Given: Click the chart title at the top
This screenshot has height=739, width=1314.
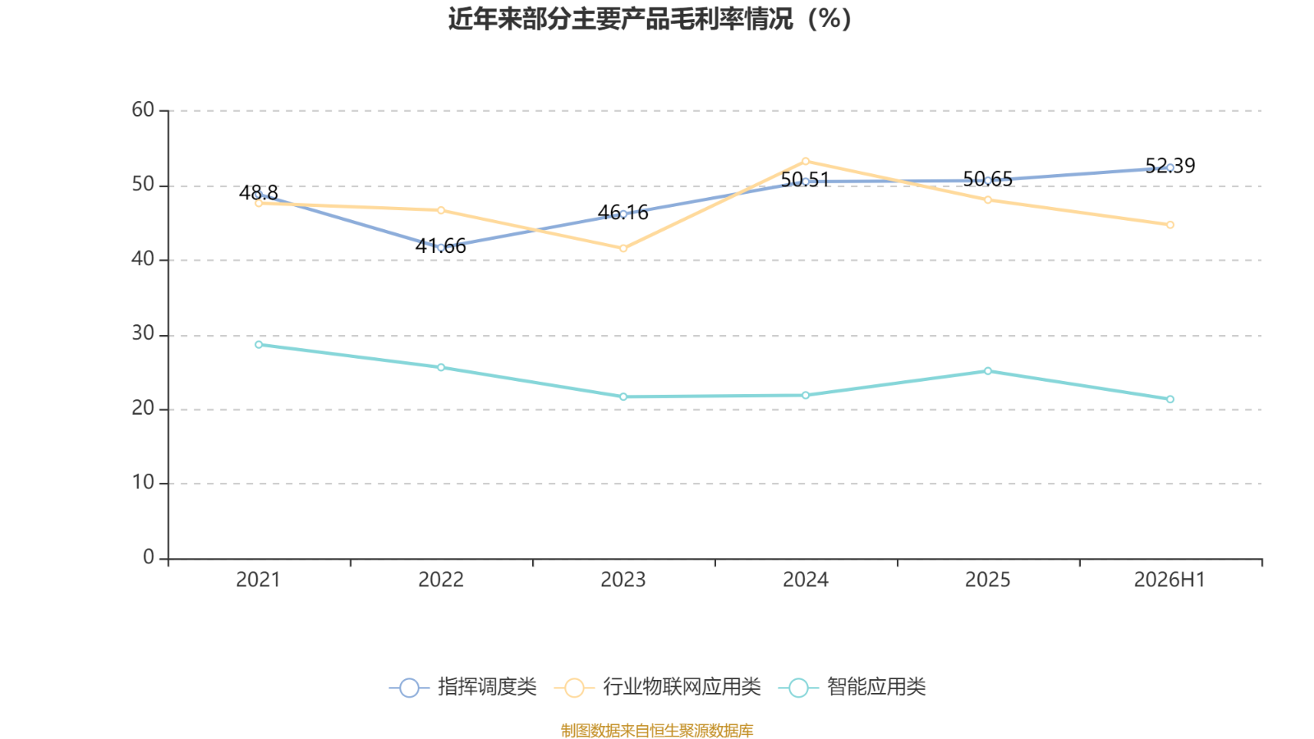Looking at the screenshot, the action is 650,19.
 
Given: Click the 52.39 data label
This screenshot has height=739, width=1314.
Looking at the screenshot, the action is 1170,165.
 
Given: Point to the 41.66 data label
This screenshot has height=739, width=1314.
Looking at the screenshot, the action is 440,246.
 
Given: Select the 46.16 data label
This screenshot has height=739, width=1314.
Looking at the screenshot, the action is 623,213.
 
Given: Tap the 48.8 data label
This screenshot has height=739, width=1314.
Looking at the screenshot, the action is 258,192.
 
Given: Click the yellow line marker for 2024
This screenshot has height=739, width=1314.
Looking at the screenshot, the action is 806,161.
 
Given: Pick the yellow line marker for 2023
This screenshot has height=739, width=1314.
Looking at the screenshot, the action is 623,249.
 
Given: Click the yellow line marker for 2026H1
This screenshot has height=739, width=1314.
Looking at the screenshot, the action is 1170,225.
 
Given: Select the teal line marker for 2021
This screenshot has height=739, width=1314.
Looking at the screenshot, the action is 259,345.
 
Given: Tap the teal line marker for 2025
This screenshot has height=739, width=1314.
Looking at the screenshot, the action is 988,371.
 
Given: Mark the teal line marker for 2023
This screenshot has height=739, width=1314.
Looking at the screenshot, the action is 623,397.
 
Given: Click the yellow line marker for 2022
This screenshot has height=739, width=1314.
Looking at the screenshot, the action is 441,210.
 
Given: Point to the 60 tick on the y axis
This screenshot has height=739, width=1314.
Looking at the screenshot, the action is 143,110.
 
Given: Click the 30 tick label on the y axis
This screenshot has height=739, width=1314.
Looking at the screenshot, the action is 143,333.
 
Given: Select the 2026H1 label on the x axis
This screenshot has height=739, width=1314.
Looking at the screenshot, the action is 1169,580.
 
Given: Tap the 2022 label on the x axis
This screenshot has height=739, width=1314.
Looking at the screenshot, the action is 440,580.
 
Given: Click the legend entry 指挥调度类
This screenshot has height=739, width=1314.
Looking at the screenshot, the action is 463,686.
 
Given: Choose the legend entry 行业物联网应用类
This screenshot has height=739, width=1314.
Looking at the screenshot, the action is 658,686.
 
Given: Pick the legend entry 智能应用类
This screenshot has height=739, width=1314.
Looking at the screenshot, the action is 852,686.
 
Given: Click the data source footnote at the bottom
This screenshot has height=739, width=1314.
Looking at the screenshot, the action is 656,730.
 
